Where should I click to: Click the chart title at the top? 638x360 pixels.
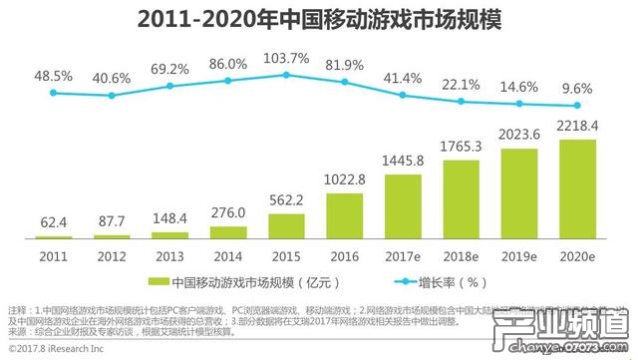pos(318,20)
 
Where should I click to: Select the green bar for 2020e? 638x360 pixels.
pos(577,189)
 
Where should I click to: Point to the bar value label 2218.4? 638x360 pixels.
pos(577,126)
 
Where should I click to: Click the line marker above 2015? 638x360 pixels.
pos(286,73)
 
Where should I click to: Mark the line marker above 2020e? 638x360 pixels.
pos(577,107)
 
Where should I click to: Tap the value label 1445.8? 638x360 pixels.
pos(403,161)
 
